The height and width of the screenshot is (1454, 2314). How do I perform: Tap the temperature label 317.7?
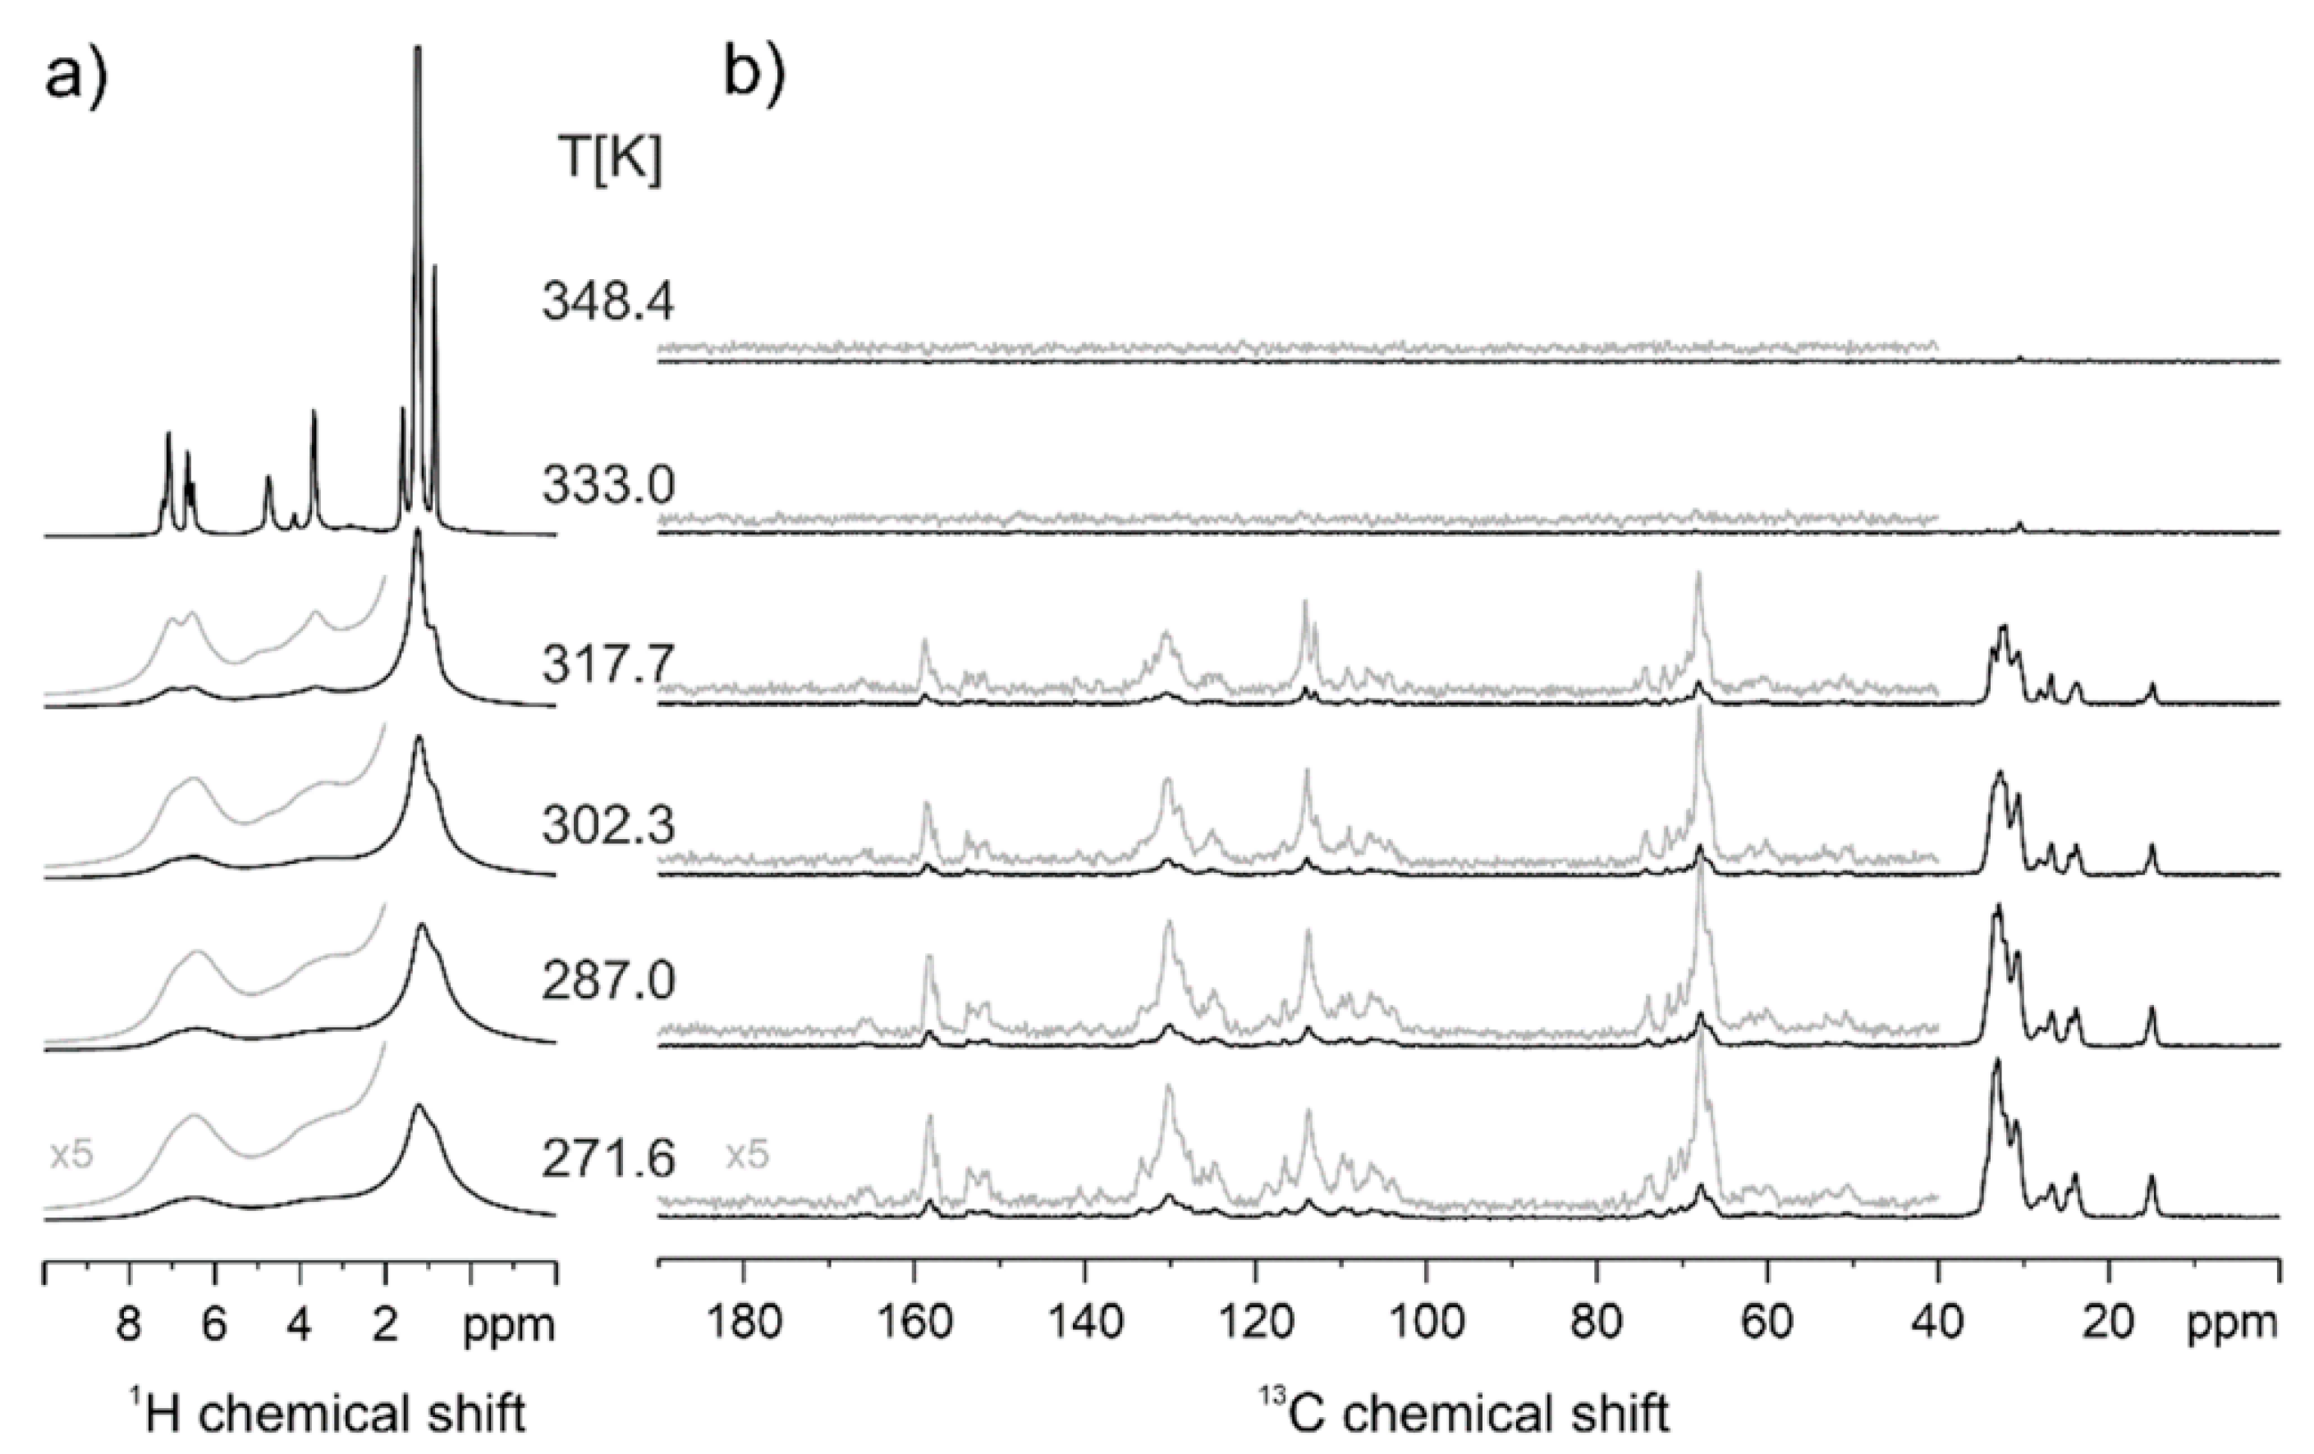tap(607, 666)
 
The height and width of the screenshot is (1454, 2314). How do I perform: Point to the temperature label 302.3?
tap(607, 824)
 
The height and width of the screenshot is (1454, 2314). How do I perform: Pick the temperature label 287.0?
tap(607, 982)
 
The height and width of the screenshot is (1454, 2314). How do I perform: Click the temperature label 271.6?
tap(607, 1160)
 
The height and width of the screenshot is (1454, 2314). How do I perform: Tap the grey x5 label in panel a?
tap(71, 1155)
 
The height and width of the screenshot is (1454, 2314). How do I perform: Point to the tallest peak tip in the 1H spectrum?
tap(417, 48)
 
